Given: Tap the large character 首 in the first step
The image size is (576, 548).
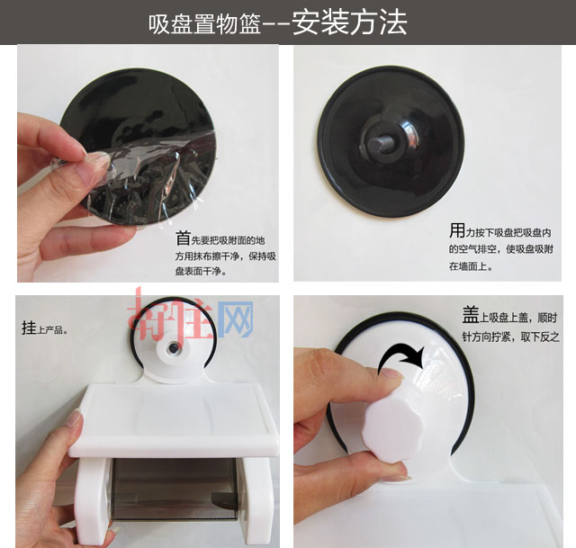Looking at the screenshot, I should pyautogui.click(x=183, y=239).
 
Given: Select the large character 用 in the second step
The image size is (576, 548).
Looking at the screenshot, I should pyautogui.click(x=457, y=230).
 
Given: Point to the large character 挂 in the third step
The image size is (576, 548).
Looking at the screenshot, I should pyautogui.click(x=29, y=328).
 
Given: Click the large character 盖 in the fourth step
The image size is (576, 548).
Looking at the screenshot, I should pyautogui.click(x=470, y=315).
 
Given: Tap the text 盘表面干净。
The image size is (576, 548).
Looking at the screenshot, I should pyautogui.click(x=202, y=271).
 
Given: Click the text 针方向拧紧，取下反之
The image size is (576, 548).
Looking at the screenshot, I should pyautogui.click(x=510, y=337).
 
